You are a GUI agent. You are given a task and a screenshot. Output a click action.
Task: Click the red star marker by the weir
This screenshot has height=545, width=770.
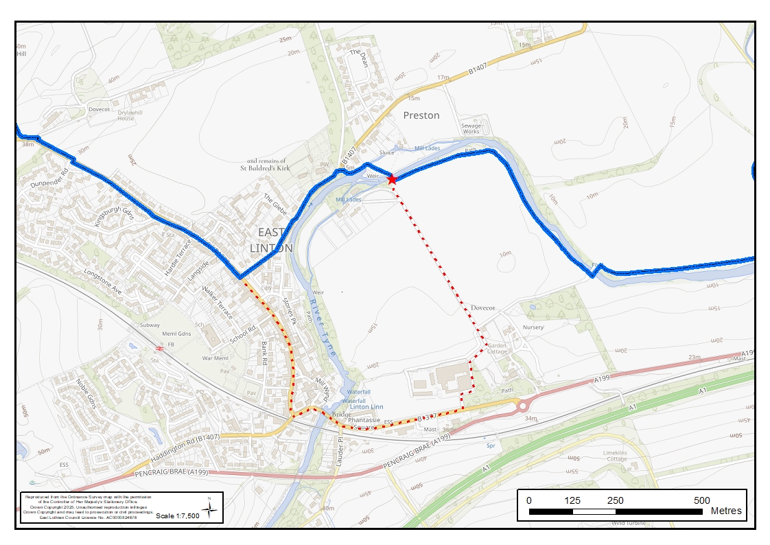392,179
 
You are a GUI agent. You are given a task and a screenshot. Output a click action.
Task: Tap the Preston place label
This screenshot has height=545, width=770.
421,115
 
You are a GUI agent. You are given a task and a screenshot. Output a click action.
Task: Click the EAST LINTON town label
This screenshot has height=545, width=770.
271,240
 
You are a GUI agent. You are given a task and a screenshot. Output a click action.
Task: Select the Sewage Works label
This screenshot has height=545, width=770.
471,128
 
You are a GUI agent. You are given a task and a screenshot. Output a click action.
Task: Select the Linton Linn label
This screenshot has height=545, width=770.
366,407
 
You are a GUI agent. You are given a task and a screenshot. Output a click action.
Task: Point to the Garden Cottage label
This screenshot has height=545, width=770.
497,348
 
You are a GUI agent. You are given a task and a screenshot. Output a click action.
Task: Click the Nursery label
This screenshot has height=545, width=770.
533,327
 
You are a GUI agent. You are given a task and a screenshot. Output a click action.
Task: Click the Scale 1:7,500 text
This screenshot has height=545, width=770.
178,515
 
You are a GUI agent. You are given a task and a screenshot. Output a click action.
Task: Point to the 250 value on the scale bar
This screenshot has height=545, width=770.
615,500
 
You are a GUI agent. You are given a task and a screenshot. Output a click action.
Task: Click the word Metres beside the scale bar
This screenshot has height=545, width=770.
726,511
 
